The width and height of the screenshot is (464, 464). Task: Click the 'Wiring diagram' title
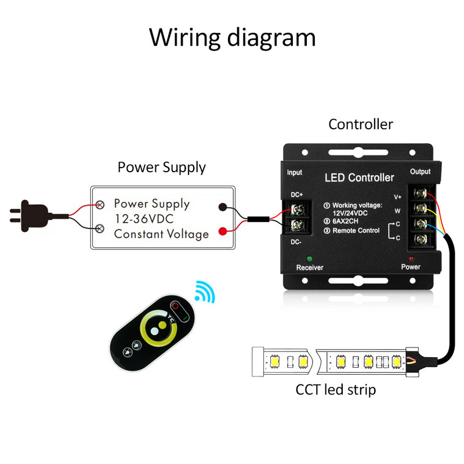pyautogui.click(x=232, y=37)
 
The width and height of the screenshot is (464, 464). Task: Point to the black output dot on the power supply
pyautogui.click(x=222, y=206)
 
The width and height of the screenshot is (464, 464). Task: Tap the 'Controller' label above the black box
pyautogui.click(x=360, y=124)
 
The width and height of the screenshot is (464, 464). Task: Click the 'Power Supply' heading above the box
pyautogui.click(x=161, y=168)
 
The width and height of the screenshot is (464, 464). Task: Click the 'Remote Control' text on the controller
pyautogui.click(x=356, y=231)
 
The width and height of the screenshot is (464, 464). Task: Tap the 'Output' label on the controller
pyautogui.click(x=420, y=172)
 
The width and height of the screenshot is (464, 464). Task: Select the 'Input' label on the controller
pyautogui.click(x=295, y=172)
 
